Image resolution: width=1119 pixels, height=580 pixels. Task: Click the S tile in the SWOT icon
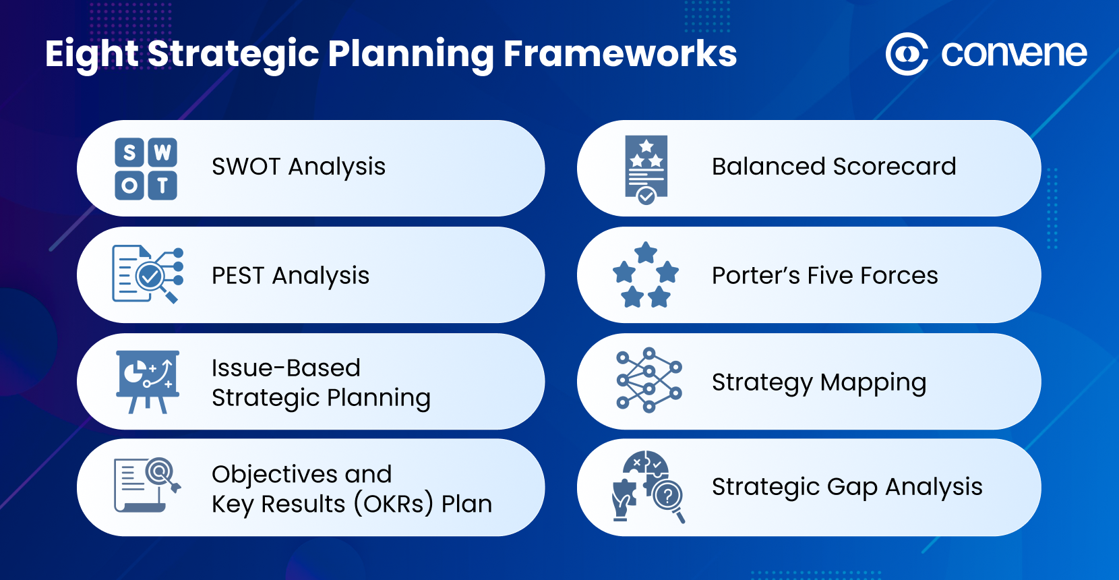pyautogui.click(x=129, y=152)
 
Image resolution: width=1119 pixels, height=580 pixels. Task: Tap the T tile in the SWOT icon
pyautogui.click(x=162, y=185)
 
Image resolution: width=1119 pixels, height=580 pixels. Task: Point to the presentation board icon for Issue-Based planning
pyautogui.click(x=148, y=380)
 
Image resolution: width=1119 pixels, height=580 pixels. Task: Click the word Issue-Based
pyautogui.click(x=286, y=368)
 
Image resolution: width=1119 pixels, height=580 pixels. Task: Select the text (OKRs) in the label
pyautogui.click(x=393, y=504)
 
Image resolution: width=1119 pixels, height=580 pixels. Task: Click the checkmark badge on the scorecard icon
pyautogui.click(x=646, y=196)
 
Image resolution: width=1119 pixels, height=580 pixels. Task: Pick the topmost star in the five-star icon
pyautogui.click(x=646, y=252)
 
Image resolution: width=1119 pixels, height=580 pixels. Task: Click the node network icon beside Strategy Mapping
pyautogui.click(x=648, y=380)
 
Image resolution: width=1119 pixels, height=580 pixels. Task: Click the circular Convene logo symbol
pyautogui.click(x=907, y=53)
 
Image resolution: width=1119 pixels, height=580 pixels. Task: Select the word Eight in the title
pyautogui.click(x=92, y=54)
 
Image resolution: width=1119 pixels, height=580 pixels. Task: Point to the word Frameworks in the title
pyautogui.click(x=619, y=54)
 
